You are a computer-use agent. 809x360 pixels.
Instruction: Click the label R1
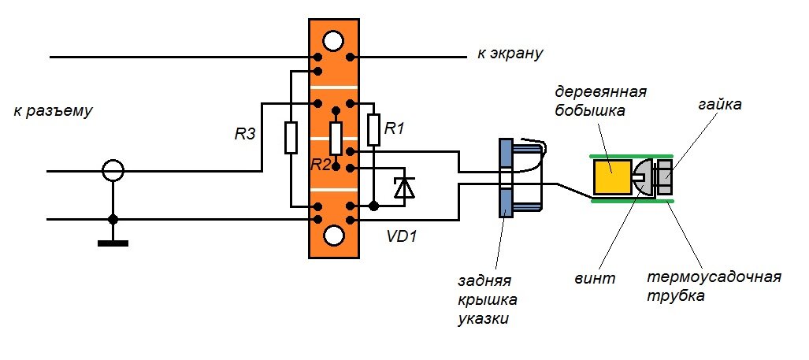(394, 128)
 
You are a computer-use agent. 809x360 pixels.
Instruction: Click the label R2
(321, 164)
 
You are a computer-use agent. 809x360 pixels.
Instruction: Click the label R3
(245, 134)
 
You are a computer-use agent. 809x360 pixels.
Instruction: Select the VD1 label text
(403, 236)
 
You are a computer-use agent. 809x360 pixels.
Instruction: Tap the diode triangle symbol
(404, 187)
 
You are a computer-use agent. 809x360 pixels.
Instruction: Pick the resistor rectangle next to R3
(291, 137)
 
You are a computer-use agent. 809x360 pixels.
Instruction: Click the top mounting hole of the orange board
(334, 40)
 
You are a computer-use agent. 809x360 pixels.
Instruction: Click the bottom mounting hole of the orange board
(334, 235)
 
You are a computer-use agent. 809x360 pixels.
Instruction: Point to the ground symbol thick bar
(113, 243)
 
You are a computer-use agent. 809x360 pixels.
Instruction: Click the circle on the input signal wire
(113, 170)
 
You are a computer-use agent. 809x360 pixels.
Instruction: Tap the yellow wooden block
(611, 177)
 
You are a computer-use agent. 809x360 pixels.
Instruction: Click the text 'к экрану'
(510, 54)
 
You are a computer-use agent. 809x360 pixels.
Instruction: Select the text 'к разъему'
(54, 110)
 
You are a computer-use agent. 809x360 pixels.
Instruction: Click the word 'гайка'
(720, 105)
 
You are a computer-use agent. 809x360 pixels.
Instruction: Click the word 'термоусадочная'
(714, 277)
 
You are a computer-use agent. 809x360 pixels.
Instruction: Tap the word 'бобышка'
(591, 110)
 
